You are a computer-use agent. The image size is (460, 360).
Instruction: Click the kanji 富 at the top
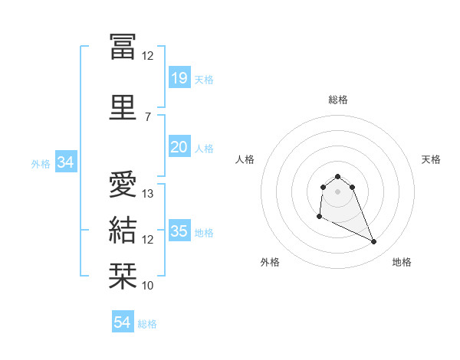pos(123,47)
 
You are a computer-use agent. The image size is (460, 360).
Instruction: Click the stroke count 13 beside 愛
pos(149,194)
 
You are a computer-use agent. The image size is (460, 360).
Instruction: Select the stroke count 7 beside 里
pos(148,116)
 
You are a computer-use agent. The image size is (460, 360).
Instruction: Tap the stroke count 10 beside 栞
pos(149,286)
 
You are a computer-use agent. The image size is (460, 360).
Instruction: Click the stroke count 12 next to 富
pos(149,55)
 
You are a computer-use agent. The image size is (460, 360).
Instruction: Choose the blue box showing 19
pos(179,77)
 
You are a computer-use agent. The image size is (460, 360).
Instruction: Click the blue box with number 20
pos(179,146)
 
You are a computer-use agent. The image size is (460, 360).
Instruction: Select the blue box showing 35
pos(179,231)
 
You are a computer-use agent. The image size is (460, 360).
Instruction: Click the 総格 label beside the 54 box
pos(147,324)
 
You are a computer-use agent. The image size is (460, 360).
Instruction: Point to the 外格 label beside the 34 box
pos(40,164)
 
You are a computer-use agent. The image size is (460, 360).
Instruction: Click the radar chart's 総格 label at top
pos(338,100)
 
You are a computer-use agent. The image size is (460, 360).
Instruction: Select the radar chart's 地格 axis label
pos(402,263)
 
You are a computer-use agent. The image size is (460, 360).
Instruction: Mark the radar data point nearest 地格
pos(374,242)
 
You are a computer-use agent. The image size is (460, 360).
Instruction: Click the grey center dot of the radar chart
pos(338,191)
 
